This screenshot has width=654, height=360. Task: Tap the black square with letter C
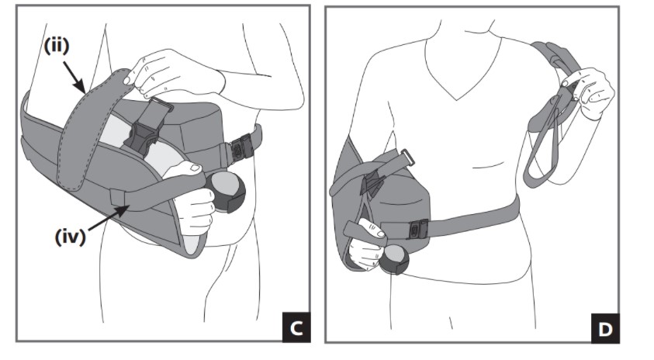point(295,327)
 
